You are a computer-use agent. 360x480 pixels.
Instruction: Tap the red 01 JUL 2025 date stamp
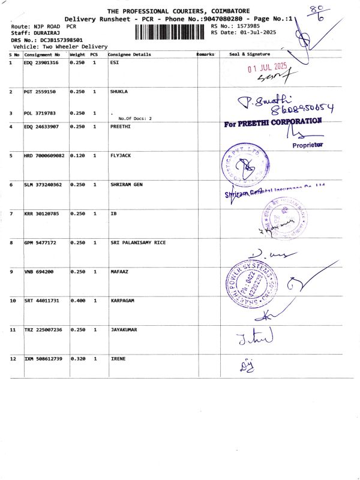(x=268, y=68)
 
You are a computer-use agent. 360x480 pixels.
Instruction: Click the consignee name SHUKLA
(x=119, y=92)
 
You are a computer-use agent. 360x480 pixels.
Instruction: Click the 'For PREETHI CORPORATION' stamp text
(x=273, y=122)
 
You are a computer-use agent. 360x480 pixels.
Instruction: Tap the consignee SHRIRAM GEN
(x=127, y=185)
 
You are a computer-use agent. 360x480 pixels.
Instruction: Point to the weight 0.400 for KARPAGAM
(x=77, y=300)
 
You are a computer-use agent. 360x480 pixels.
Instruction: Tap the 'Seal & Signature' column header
(x=250, y=55)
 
